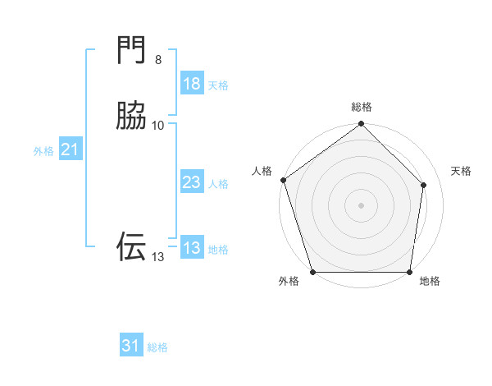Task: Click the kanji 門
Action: [x=131, y=51]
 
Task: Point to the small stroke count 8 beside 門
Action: [x=158, y=60]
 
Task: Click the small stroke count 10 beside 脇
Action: [x=158, y=125]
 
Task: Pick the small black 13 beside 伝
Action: [x=157, y=257]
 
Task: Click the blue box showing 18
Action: [x=191, y=84]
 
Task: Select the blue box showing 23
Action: [x=191, y=183]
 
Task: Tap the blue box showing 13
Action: [x=191, y=249]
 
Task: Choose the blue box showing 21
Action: [x=70, y=149]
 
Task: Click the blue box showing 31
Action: [x=131, y=347]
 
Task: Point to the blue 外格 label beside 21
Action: [x=43, y=151]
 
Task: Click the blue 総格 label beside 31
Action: [x=157, y=348]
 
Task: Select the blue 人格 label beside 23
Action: [x=218, y=184]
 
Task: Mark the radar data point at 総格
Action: [x=361, y=125]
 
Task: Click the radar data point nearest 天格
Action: [x=424, y=185]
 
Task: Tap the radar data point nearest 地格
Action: [x=410, y=272]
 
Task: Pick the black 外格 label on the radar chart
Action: [x=289, y=282]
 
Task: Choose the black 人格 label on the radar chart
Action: [x=262, y=171]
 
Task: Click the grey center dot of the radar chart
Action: [x=361, y=205]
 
